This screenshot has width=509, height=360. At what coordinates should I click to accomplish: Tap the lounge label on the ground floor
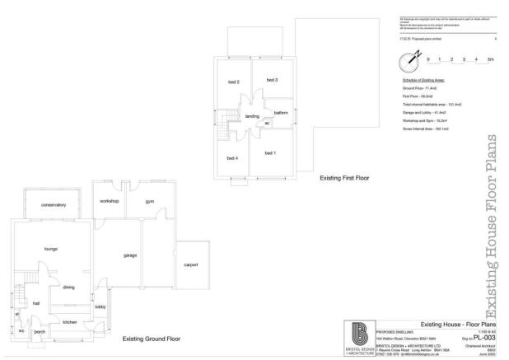coord(49,248)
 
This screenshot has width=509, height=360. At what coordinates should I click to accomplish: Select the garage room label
coord(130,255)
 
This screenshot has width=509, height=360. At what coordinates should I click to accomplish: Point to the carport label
coord(191,264)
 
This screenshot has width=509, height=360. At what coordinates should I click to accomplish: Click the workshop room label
coord(110,201)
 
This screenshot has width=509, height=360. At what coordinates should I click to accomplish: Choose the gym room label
coord(150,201)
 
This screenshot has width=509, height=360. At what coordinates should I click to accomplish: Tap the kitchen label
coord(70,322)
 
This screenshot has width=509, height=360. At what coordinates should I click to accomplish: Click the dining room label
coord(69,287)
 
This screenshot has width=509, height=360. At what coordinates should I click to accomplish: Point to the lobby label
coord(100,306)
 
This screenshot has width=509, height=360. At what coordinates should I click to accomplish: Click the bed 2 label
coord(233,82)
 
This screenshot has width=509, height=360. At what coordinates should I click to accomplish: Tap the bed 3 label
coord(271,79)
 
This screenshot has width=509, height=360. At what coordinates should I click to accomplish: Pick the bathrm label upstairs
coord(281,112)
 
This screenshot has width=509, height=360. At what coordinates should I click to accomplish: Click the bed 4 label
coord(232,157)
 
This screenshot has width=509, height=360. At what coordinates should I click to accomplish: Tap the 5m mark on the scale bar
coord(491,60)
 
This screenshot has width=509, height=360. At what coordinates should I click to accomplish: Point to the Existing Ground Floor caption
coord(151,339)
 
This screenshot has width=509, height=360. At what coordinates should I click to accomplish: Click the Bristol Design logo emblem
coord(360,334)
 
